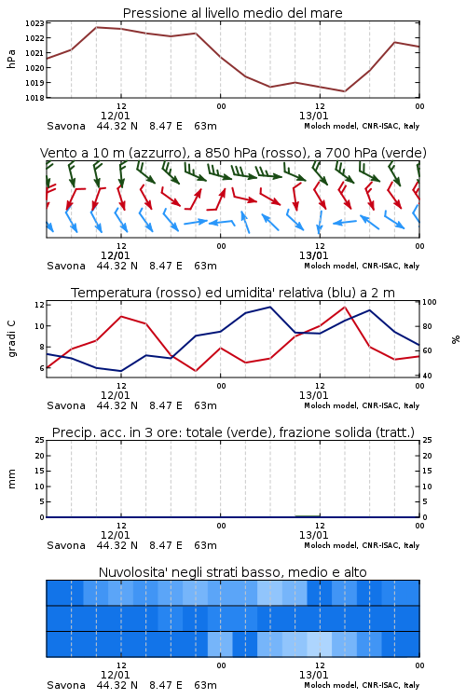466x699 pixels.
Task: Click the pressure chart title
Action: pos(232,13)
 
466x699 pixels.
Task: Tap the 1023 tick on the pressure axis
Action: pos(34,23)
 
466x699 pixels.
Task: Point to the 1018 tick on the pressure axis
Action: pos(34,98)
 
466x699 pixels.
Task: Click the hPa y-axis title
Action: pos(11,60)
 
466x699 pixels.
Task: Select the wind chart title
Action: pos(233,153)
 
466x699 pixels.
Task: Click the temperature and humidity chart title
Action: pos(233,293)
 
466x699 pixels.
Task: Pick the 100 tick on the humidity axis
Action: pos(430,302)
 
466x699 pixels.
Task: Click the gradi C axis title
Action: pos(11,339)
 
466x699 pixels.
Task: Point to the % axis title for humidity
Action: pos(456,339)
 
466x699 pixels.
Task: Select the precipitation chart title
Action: pos(233,432)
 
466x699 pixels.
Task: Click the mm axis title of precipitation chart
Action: pos(11,479)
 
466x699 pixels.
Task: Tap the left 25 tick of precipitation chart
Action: pos(39,441)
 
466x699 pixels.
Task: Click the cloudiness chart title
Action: pos(233,572)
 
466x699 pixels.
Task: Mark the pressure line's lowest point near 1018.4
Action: pos(345,91)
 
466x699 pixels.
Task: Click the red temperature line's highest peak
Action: pos(345,307)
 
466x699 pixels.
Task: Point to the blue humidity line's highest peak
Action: pos(269,307)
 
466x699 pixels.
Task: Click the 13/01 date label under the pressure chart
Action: pos(313,116)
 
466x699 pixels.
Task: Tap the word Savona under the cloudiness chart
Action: pos(66,685)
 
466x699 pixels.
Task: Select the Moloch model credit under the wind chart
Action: pos(362,267)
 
